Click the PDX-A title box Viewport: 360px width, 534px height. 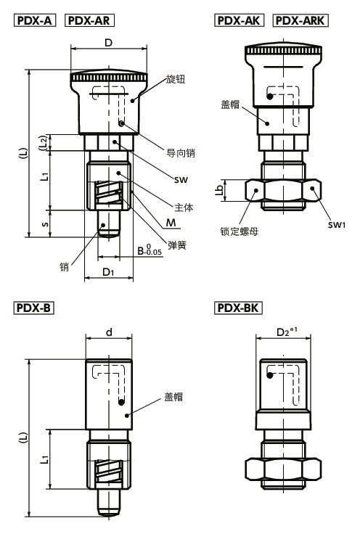pos(35,20)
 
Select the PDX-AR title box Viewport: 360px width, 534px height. pos(89,20)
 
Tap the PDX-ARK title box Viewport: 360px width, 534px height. pos(300,20)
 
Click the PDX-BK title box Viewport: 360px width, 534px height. pos(238,308)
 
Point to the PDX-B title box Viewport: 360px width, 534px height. pos(33,308)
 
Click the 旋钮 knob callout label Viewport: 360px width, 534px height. pos(176,79)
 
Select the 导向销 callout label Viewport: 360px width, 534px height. pos(181,153)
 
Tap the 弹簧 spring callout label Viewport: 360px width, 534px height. pos(177,245)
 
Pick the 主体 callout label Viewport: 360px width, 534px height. pos(184,207)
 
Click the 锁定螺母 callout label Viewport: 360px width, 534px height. pos(239,231)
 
